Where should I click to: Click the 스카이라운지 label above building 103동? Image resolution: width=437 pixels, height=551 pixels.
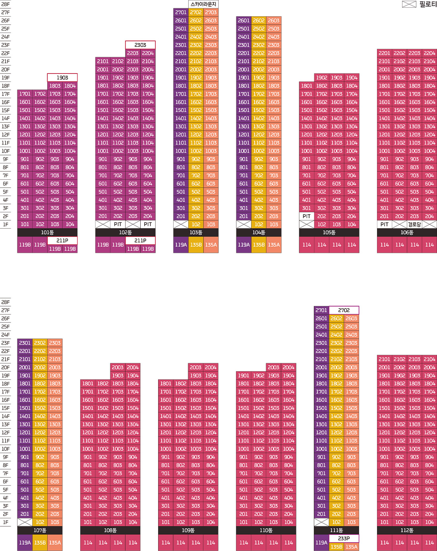(x=203, y=4)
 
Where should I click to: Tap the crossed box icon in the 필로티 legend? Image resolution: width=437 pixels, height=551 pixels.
(x=409, y=4)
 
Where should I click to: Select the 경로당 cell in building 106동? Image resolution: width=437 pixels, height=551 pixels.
(x=414, y=225)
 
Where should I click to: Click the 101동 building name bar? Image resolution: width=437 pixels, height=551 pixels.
(x=47, y=233)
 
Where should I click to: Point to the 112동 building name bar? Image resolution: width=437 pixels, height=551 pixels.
(x=407, y=530)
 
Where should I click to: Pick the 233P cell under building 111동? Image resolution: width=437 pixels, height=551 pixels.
(x=344, y=538)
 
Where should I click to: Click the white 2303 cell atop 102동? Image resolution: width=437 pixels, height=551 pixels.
(x=140, y=45)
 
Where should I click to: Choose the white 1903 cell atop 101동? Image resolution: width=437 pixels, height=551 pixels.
(x=62, y=78)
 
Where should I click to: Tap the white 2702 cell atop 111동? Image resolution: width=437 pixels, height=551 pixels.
(x=344, y=310)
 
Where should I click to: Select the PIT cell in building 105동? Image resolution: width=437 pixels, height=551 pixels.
(x=307, y=216)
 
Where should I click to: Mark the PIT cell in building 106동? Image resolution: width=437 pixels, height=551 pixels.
(x=385, y=225)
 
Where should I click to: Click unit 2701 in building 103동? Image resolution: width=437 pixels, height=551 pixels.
(x=181, y=12)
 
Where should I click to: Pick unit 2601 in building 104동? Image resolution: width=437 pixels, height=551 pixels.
(x=244, y=21)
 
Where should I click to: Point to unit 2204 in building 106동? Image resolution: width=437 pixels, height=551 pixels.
(x=429, y=53)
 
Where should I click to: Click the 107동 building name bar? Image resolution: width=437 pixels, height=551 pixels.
(x=40, y=530)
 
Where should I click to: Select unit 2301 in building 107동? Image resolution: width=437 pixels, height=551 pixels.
(x=25, y=343)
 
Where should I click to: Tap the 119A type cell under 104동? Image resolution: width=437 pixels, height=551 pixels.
(x=244, y=245)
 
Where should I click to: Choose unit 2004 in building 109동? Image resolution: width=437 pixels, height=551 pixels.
(x=211, y=367)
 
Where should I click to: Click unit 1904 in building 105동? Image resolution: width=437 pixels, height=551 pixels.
(x=352, y=78)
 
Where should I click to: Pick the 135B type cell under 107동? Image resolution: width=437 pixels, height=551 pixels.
(x=40, y=543)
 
